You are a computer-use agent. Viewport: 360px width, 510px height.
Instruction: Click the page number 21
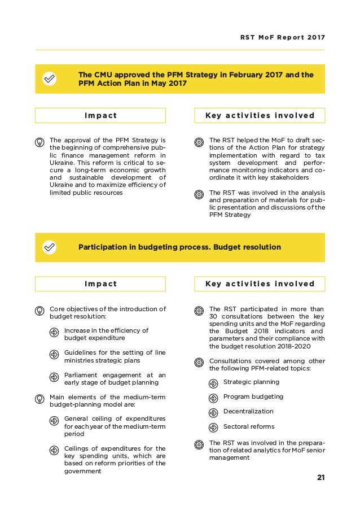click(321, 478)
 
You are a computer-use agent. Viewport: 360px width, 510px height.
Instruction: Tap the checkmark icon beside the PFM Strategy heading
click(50, 80)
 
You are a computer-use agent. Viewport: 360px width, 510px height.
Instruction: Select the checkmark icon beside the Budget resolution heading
click(50, 247)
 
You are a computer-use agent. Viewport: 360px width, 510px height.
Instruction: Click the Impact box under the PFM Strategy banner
click(100, 116)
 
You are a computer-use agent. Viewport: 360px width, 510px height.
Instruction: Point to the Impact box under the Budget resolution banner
click(100, 284)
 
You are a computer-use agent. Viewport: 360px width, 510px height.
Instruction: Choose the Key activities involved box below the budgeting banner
click(260, 284)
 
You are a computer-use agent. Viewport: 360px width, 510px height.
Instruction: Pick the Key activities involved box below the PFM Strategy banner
click(260, 116)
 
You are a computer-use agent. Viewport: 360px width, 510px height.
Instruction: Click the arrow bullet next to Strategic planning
click(213, 383)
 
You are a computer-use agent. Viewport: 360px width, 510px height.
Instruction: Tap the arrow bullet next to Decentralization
click(213, 412)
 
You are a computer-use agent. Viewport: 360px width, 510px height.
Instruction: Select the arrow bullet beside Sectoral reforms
click(213, 428)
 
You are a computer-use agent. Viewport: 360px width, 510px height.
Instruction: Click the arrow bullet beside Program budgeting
click(213, 398)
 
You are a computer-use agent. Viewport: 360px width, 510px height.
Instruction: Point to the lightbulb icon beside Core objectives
click(39, 310)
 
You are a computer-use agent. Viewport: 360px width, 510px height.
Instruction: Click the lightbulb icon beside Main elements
click(39, 398)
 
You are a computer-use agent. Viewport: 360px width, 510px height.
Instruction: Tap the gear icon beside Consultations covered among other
click(199, 362)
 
